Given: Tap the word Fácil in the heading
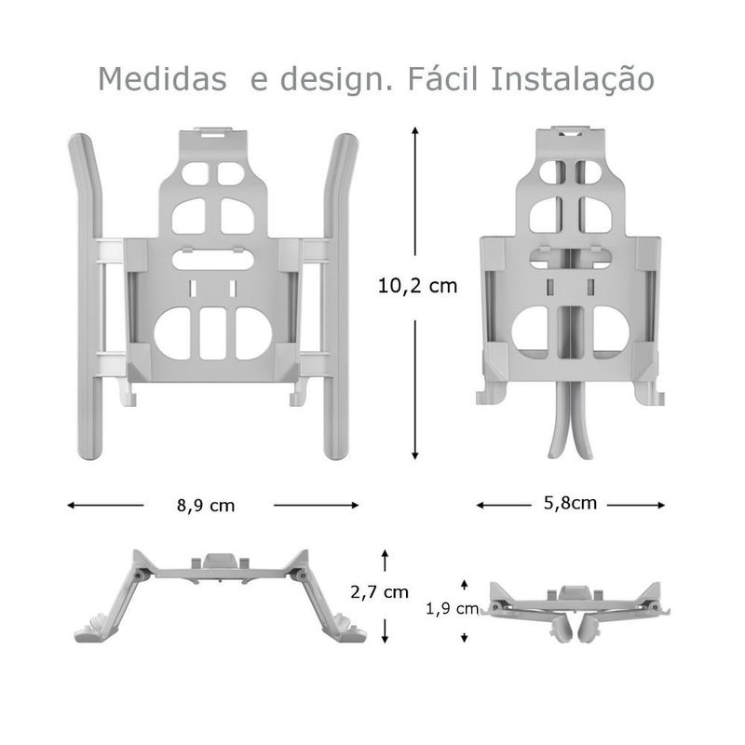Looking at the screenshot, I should click(442, 79).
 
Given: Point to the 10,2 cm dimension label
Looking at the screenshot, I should click(418, 286).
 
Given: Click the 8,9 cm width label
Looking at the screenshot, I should click(206, 506).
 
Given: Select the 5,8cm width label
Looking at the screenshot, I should click(570, 504).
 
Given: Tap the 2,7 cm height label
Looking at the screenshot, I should click(379, 591).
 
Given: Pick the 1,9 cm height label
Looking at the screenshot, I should click(452, 609).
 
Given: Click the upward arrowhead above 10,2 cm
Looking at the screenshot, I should click(414, 133).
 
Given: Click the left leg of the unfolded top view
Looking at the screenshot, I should click(88, 298).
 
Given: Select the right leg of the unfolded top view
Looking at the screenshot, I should click(339, 298).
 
